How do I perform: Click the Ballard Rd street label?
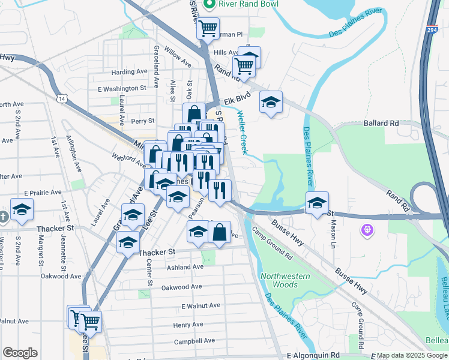click(381, 123)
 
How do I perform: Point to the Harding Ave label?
click(130, 71)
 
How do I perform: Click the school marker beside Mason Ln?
click(318, 202)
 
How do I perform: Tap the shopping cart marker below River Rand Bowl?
click(208, 27)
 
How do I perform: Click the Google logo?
click(20, 353)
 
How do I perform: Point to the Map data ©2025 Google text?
click(412, 356)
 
